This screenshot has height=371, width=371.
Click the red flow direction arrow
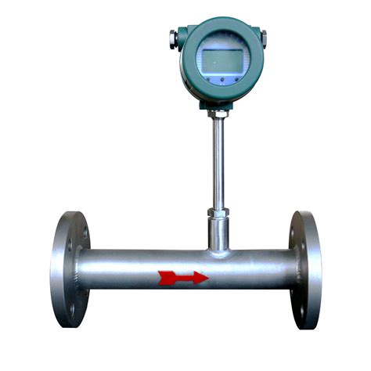[183, 277]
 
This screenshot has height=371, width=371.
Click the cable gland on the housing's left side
[173, 36]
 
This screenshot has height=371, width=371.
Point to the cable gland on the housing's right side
[264, 36]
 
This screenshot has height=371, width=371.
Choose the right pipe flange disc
[306, 268]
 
